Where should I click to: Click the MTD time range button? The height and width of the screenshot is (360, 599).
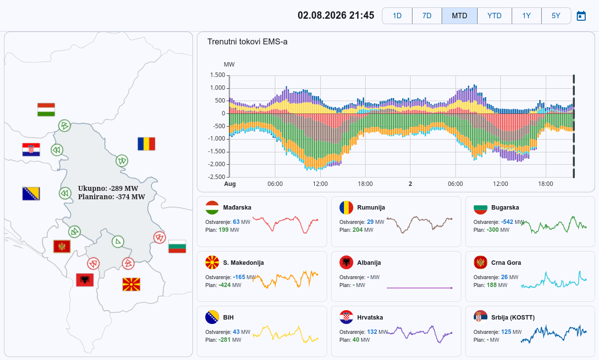point(459,16)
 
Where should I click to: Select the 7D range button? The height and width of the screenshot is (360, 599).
point(427,16)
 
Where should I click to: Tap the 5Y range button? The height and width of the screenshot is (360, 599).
point(556,16)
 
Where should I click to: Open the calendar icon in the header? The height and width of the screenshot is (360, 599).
point(581,16)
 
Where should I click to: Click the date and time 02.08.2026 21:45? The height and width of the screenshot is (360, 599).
point(336,15)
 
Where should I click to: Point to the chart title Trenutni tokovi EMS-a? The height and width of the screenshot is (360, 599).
point(247,42)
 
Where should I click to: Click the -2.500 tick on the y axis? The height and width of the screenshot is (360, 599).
point(217,177)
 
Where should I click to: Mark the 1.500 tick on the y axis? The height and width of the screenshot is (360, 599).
point(218,75)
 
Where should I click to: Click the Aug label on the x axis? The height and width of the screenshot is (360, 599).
point(230,184)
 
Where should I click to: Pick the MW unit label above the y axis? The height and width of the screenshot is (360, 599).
point(229,65)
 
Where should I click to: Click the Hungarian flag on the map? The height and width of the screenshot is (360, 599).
point(46,109)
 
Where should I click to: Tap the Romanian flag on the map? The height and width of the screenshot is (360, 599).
point(146,144)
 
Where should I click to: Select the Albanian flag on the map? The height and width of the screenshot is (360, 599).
point(85,280)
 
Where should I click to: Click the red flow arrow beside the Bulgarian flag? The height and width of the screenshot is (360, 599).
point(160,237)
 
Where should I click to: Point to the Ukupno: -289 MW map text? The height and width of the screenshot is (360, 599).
point(108,188)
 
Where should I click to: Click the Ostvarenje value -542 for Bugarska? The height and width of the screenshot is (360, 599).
point(507,222)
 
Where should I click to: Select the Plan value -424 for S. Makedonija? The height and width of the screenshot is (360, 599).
point(225,285)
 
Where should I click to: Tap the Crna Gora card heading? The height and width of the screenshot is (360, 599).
point(506,263)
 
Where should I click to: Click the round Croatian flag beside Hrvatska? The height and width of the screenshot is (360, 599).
point(346,317)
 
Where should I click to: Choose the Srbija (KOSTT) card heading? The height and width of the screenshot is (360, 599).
point(513,318)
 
